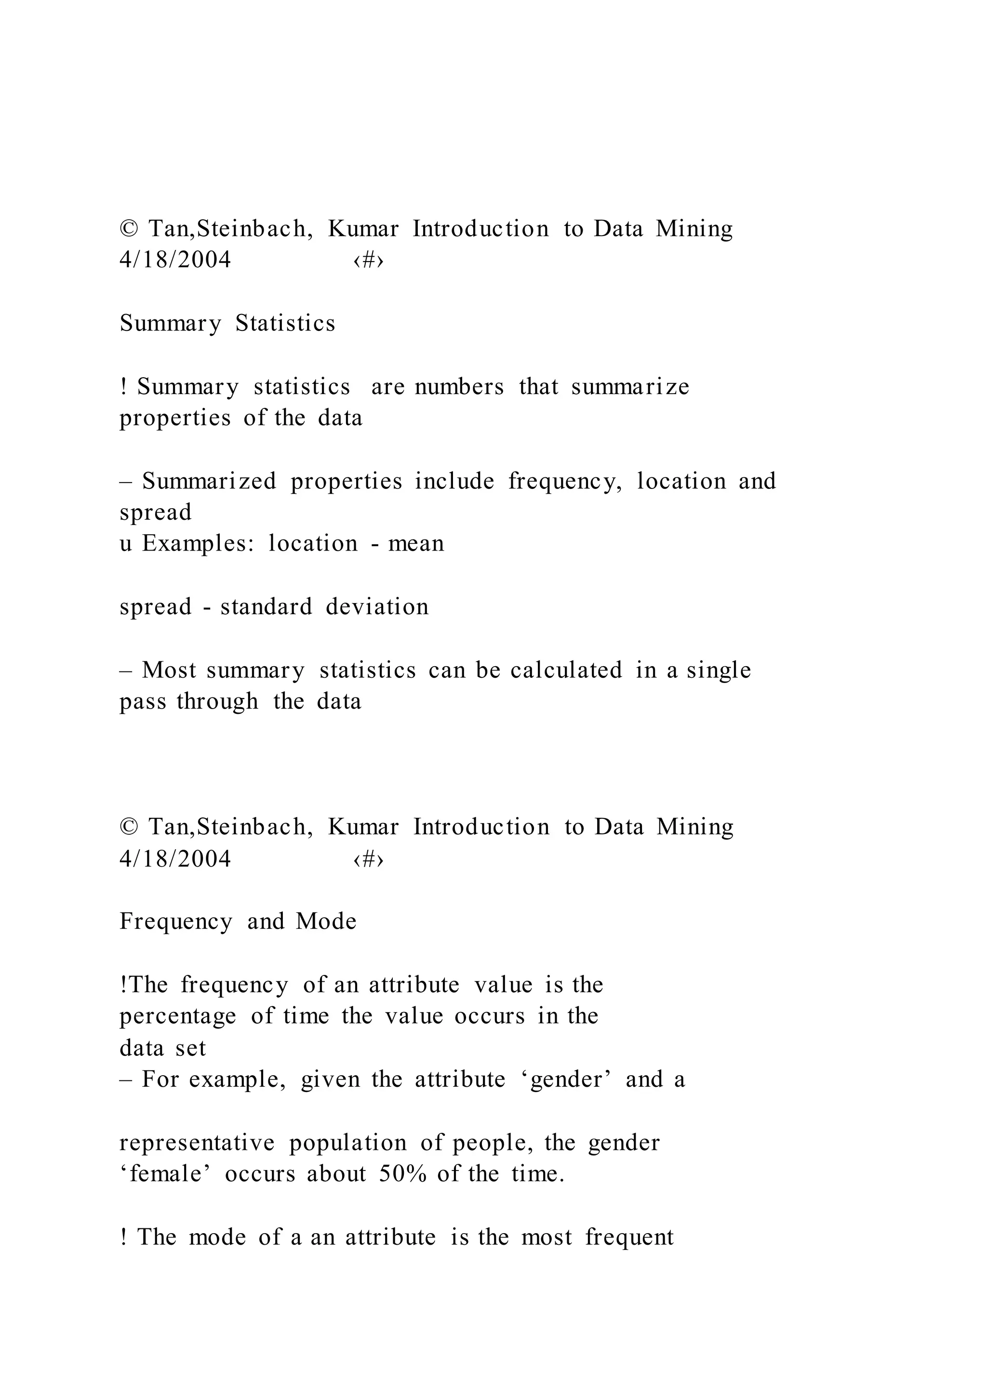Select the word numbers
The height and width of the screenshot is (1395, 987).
click(459, 386)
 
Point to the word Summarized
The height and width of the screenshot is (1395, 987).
click(209, 481)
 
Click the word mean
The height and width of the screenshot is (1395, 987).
click(416, 543)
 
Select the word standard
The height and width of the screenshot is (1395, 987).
click(266, 606)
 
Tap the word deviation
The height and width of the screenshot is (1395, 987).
click(377, 606)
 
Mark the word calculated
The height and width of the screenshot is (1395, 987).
click(566, 670)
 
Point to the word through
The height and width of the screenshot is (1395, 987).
click(217, 702)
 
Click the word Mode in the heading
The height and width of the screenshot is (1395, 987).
click(326, 921)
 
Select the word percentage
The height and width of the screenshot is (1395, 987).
click(177, 1016)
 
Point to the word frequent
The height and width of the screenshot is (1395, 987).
click(629, 1237)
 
